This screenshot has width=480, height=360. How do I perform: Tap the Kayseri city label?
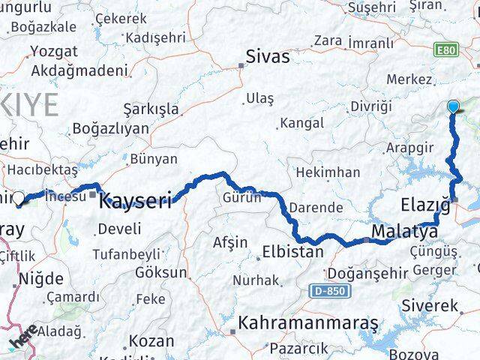tap(135, 200)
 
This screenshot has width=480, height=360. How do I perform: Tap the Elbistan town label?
tap(292, 252)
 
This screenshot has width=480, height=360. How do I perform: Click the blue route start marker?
tap(453, 106)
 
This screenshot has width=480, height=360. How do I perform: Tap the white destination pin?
tap(18, 199)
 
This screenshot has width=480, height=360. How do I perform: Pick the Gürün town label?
tap(241, 198)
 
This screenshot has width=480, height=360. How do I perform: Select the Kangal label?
tap(301, 123)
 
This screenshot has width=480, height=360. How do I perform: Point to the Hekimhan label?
tap(328, 172)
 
